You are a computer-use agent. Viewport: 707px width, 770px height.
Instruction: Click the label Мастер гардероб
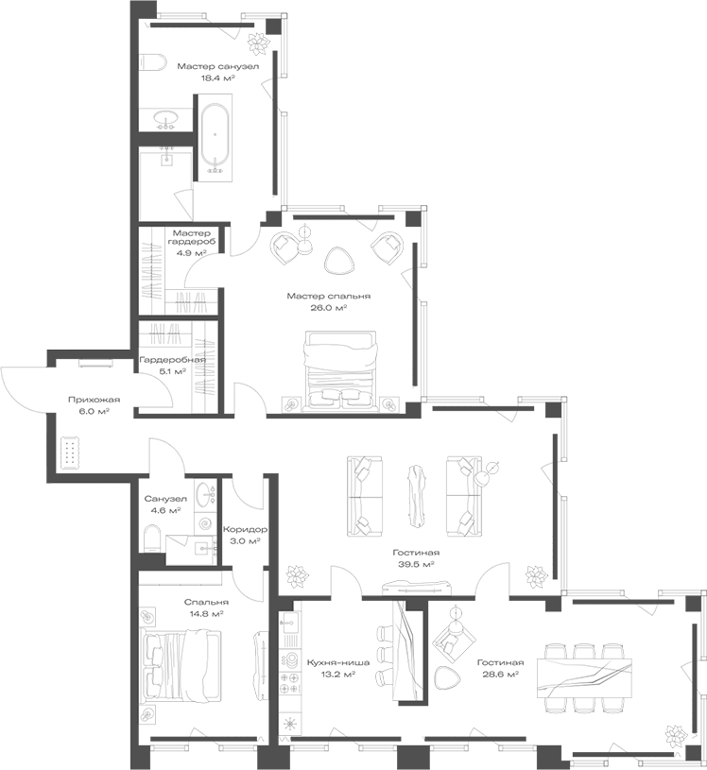pos(193,237)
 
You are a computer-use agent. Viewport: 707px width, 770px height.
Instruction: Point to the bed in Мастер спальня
pos(340,368)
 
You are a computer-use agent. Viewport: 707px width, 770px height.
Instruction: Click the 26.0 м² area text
pos(329,308)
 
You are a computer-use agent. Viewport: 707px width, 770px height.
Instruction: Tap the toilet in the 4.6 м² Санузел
pos(151,538)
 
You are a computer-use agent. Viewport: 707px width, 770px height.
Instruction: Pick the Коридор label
pos(245,530)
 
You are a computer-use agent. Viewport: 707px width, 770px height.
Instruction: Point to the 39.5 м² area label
pos(417,564)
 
